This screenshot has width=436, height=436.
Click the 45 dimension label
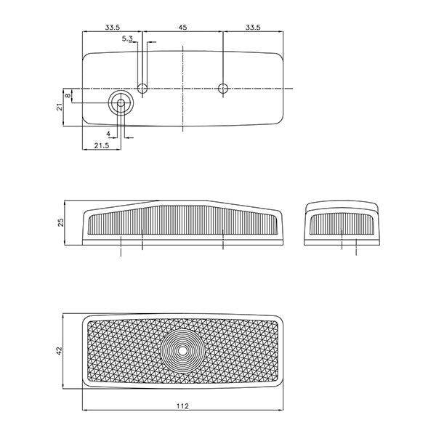pyautogui.click(x=182, y=28)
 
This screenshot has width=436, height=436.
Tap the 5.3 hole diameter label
pyautogui.click(x=127, y=39)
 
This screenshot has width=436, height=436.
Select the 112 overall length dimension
pyautogui.click(x=182, y=406)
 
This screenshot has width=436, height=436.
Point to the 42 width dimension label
pyautogui.click(x=60, y=350)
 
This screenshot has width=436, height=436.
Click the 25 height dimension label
pyautogui.click(x=60, y=222)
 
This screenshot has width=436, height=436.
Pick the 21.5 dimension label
pyautogui.click(x=102, y=145)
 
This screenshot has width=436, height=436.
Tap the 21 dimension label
pyautogui.click(x=60, y=107)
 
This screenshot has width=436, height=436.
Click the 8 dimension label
pyautogui.click(x=68, y=96)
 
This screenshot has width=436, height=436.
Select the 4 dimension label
pyautogui.click(x=108, y=134)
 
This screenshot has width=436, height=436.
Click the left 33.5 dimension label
pyautogui.click(x=112, y=28)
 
